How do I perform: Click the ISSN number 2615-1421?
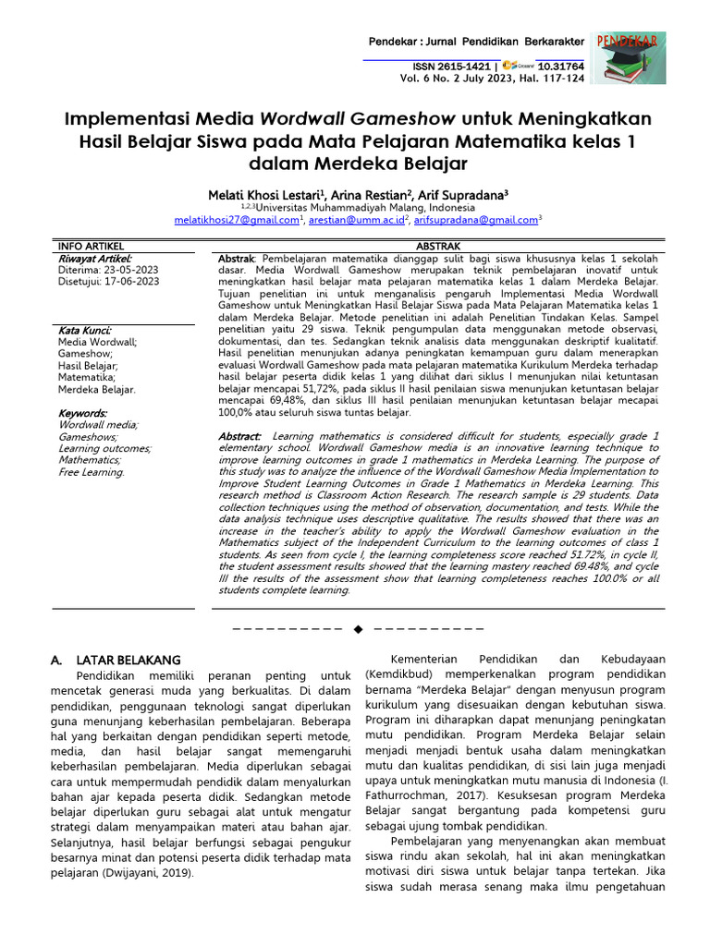point(467,67)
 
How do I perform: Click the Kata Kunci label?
point(85,330)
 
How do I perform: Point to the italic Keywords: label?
point(83,413)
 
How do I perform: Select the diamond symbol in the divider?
point(358,628)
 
